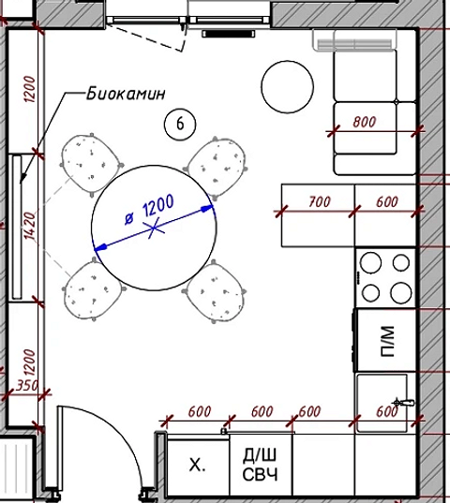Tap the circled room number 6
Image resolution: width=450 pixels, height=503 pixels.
179,121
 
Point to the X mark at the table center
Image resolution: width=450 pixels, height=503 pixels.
155,226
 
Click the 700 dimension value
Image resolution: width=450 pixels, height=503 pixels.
319,200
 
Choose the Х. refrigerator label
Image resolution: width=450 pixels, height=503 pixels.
197,466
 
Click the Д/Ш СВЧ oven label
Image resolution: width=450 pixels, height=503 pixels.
262,465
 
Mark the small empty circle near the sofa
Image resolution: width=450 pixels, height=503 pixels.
287,86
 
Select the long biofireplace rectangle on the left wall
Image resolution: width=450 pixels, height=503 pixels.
18,227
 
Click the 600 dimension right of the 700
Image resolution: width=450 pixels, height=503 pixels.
386,200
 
